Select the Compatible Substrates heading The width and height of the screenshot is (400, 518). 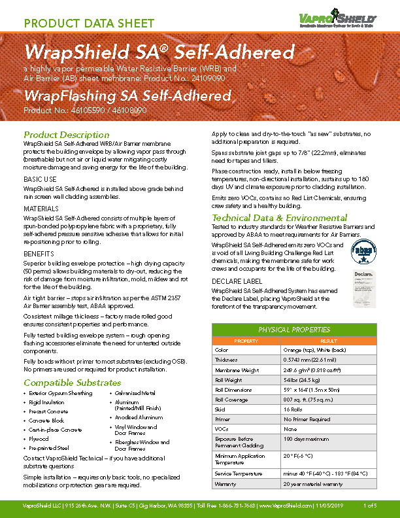pos(72,383)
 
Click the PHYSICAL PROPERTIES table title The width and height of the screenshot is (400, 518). pos(295,330)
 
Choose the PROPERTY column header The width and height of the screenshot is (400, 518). pos(246,341)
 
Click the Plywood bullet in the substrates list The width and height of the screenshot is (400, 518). pos(39,440)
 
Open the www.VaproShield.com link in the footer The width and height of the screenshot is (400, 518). pos(285,506)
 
